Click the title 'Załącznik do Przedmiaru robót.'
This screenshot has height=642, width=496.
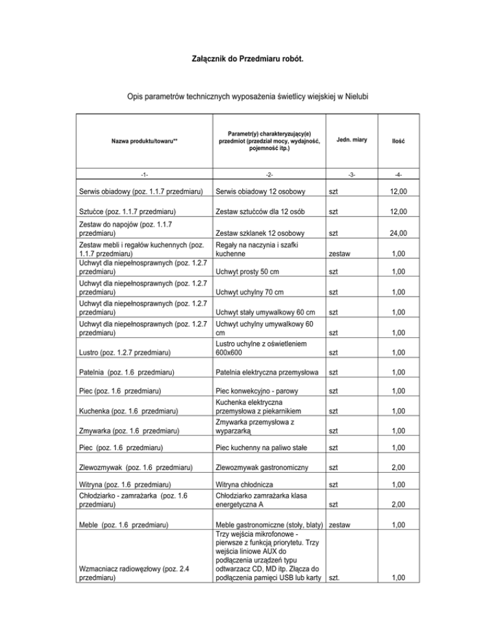(x=248, y=59)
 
